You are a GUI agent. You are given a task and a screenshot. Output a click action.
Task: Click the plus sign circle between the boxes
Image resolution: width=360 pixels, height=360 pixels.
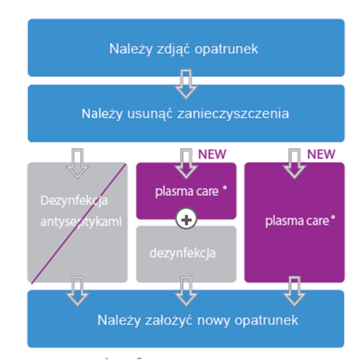(x=186, y=220)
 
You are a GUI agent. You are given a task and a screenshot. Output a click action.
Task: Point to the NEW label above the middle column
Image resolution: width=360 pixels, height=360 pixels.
(x=212, y=154)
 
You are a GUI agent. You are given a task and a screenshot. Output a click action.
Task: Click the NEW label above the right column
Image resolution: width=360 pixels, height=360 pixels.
(x=321, y=154)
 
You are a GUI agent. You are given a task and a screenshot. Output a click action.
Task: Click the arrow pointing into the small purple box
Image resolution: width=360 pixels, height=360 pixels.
(x=186, y=163)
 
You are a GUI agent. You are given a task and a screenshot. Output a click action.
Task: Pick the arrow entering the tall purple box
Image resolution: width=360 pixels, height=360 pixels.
(x=295, y=163)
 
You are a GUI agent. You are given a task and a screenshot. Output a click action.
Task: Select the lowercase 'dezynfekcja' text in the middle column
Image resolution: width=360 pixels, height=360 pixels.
(x=182, y=253)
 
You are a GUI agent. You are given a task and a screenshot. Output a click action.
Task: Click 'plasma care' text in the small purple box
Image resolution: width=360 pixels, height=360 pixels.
(x=187, y=191)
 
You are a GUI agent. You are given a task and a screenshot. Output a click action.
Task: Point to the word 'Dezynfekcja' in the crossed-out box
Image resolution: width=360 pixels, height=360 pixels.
(x=74, y=201)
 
